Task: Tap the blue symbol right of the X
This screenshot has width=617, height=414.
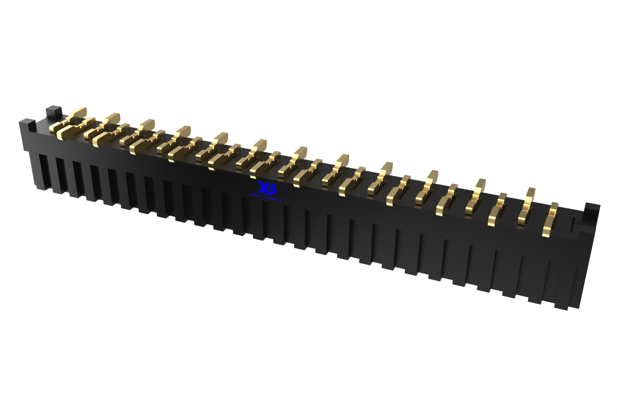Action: (x=272, y=189)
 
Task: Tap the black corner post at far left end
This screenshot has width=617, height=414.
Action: (x=27, y=125)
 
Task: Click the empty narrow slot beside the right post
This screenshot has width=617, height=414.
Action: (x=574, y=224)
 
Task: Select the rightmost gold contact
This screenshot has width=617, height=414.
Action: (x=550, y=219)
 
